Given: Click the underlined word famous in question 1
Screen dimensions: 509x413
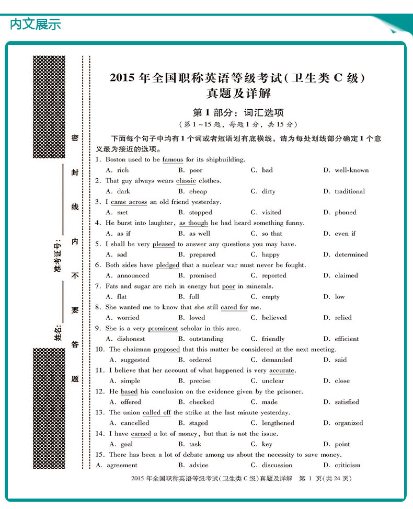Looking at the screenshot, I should (173, 159).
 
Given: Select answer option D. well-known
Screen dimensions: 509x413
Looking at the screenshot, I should (346, 170).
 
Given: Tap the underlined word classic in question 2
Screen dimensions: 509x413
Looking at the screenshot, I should (186, 181).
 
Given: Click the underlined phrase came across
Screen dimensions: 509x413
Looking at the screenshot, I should (129, 202).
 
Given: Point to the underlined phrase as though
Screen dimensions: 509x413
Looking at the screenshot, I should (193, 223).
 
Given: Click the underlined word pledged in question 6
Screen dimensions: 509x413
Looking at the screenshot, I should (167, 265).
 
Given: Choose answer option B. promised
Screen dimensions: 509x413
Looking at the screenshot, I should (197, 275).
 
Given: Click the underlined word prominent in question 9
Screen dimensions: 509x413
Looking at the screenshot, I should (163, 328).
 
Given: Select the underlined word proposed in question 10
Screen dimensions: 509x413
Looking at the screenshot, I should (167, 350).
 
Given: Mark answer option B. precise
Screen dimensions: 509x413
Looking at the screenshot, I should (194, 381).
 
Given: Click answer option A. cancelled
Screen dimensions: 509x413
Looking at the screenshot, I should (129, 423).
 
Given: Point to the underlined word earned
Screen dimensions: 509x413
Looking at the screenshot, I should (141, 434).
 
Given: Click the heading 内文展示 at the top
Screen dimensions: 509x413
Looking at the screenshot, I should (36, 24).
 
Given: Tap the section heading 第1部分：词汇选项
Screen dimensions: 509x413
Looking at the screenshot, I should (238, 112).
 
